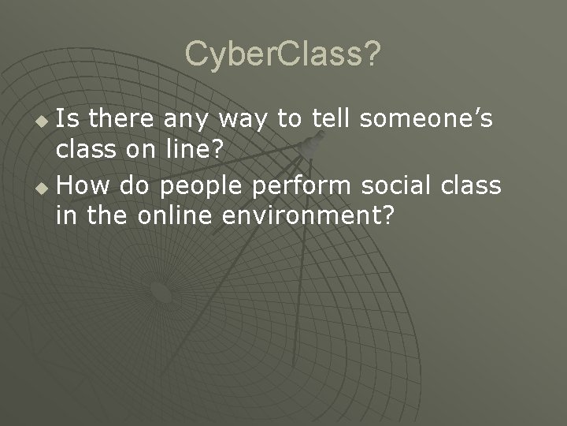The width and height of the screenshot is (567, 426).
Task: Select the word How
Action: click(77, 185)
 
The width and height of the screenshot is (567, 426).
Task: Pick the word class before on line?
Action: click(83, 147)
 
